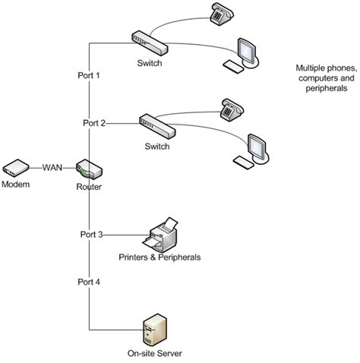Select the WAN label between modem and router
point(52,167)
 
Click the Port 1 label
point(90,76)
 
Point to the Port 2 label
point(95,122)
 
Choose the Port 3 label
point(90,234)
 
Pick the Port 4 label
point(90,282)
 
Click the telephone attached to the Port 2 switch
point(231,109)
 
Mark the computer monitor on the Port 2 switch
point(256,147)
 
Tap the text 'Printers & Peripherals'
point(159,257)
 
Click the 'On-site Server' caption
point(156,354)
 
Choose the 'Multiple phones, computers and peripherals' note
point(323,78)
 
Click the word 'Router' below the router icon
point(89,186)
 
